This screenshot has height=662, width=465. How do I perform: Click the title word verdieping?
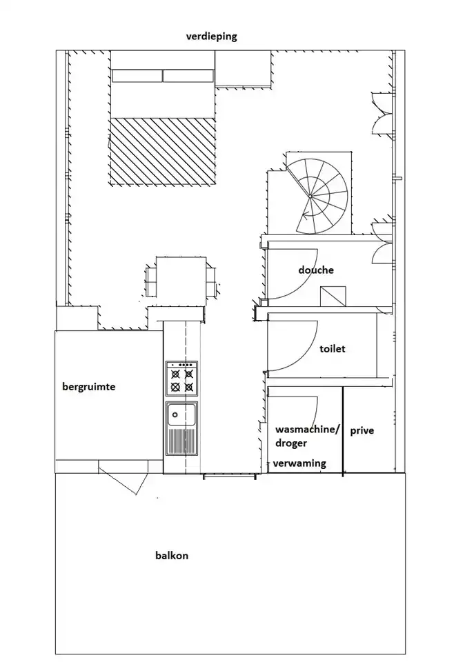tap(212, 37)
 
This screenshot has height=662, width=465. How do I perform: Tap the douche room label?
tap(316, 270)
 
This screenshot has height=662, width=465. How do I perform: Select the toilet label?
tap(333, 349)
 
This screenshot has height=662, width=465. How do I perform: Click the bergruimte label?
tap(89, 387)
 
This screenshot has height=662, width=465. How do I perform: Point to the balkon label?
tap(172, 555)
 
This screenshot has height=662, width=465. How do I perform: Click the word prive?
tap(362, 431)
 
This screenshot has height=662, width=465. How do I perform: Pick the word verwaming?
tap(299, 463)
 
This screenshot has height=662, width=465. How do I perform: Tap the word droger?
tap(291, 443)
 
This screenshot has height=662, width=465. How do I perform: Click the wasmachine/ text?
tap(307, 430)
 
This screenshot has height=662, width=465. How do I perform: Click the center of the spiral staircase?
tap(310, 197)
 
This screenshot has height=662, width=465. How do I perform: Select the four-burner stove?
tap(181, 379)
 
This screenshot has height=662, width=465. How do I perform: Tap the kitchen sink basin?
tap(181, 415)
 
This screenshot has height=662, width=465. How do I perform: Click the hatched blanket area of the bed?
tap(163, 151)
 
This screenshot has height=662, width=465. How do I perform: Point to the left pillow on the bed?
tap(137, 76)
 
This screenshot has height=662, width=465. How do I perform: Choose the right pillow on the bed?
tap(188, 76)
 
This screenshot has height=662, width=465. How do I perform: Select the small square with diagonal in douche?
tap(333, 296)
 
